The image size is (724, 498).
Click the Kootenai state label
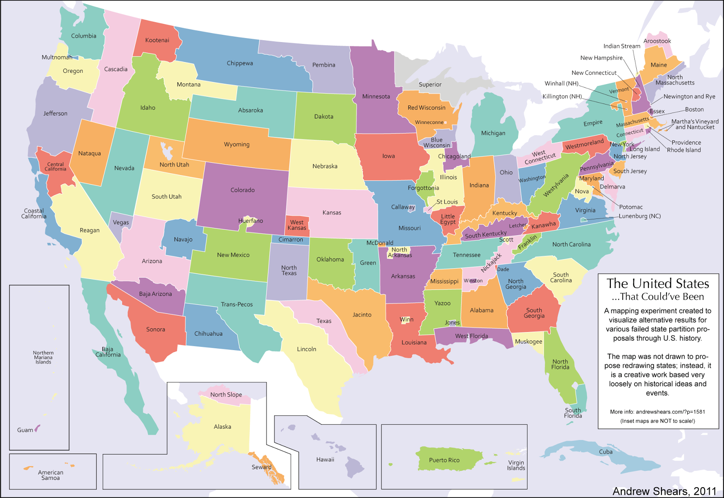tap(157, 40)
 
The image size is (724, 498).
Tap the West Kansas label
tap(297, 225)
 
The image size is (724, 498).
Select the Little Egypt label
tap(448, 219)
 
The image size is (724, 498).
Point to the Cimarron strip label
tap(291, 240)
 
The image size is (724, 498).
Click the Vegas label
tap(121, 223)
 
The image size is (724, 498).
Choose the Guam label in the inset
tap(25, 430)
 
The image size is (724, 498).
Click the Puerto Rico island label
tap(444, 460)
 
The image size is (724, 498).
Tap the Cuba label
tap(605, 452)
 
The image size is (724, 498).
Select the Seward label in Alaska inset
tap(261, 467)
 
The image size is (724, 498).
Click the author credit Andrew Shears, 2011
tap(664, 491)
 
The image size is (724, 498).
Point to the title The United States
tap(657, 284)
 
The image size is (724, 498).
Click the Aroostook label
tap(657, 41)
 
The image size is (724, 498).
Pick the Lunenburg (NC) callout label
tap(639, 216)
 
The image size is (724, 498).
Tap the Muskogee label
tap(528, 341)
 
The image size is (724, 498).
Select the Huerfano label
tap(251, 221)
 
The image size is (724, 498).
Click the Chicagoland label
tap(454, 157)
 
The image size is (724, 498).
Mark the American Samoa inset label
tap(50, 475)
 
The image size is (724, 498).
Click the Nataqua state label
tap(89, 153)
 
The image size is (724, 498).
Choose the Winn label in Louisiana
tap(406, 319)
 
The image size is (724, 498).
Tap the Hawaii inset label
tap(325, 460)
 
